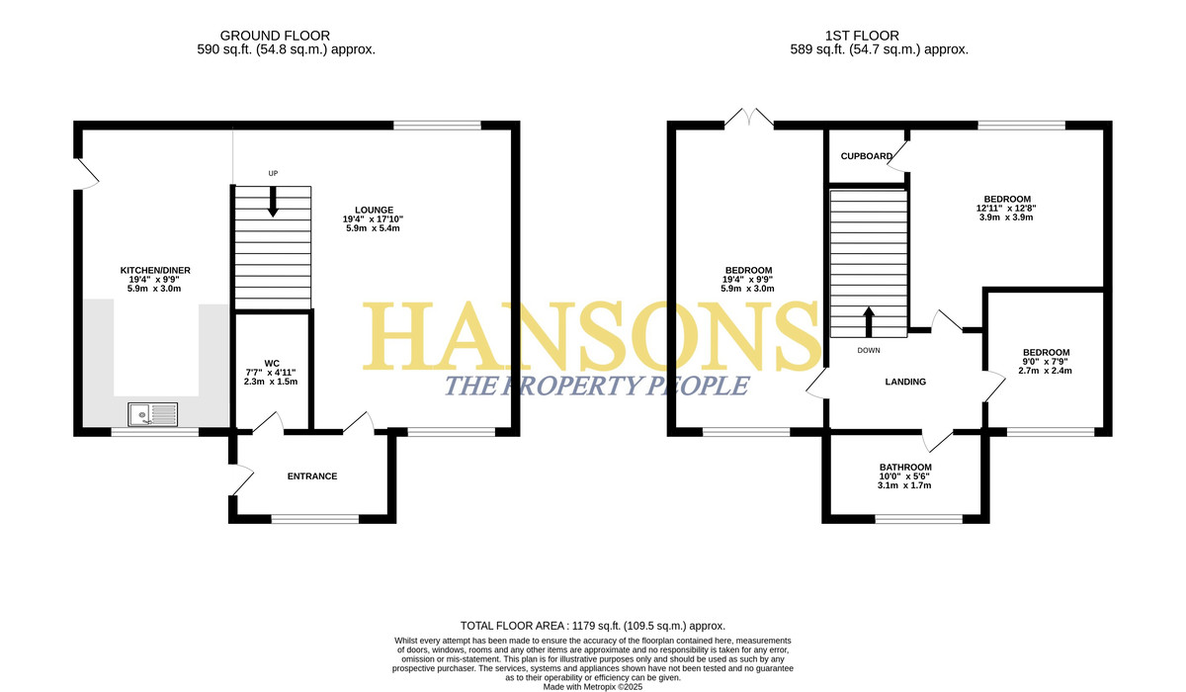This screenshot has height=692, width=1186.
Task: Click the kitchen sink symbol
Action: pos(152,414)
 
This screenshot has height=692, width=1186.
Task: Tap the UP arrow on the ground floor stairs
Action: pos(273,202)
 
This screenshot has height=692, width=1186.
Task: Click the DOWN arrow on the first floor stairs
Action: pos(869,322)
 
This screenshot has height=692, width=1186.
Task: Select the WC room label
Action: pos(272,363)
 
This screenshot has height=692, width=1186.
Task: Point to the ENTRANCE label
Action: pos(312,476)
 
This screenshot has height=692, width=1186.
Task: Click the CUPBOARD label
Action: pos(867,156)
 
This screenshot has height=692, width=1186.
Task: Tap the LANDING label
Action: pos(905,382)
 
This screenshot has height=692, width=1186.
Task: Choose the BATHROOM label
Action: pos(905,467)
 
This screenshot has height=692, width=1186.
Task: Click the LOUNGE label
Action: pos(374,210)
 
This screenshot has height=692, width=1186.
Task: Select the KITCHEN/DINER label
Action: pos(155,270)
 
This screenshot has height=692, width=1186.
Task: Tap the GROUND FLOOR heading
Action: pos(275,36)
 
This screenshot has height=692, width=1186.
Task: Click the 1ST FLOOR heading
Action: pos(862,36)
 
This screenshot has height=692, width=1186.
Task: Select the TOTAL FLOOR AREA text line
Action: pos(592,626)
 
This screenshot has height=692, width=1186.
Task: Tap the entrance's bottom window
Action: pos(315,519)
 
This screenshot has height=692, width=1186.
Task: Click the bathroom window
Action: pos(918,519)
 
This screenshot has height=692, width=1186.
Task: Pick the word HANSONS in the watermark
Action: pos(591,337)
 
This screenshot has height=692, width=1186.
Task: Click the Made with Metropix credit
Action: pos(592,687)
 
